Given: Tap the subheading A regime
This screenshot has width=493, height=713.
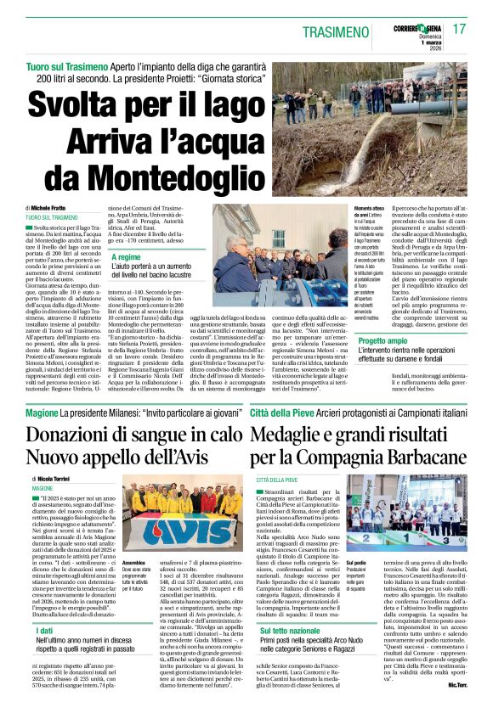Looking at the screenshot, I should [x=127, y=256].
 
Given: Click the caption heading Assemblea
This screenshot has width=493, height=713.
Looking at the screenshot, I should [x=133, y=563].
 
